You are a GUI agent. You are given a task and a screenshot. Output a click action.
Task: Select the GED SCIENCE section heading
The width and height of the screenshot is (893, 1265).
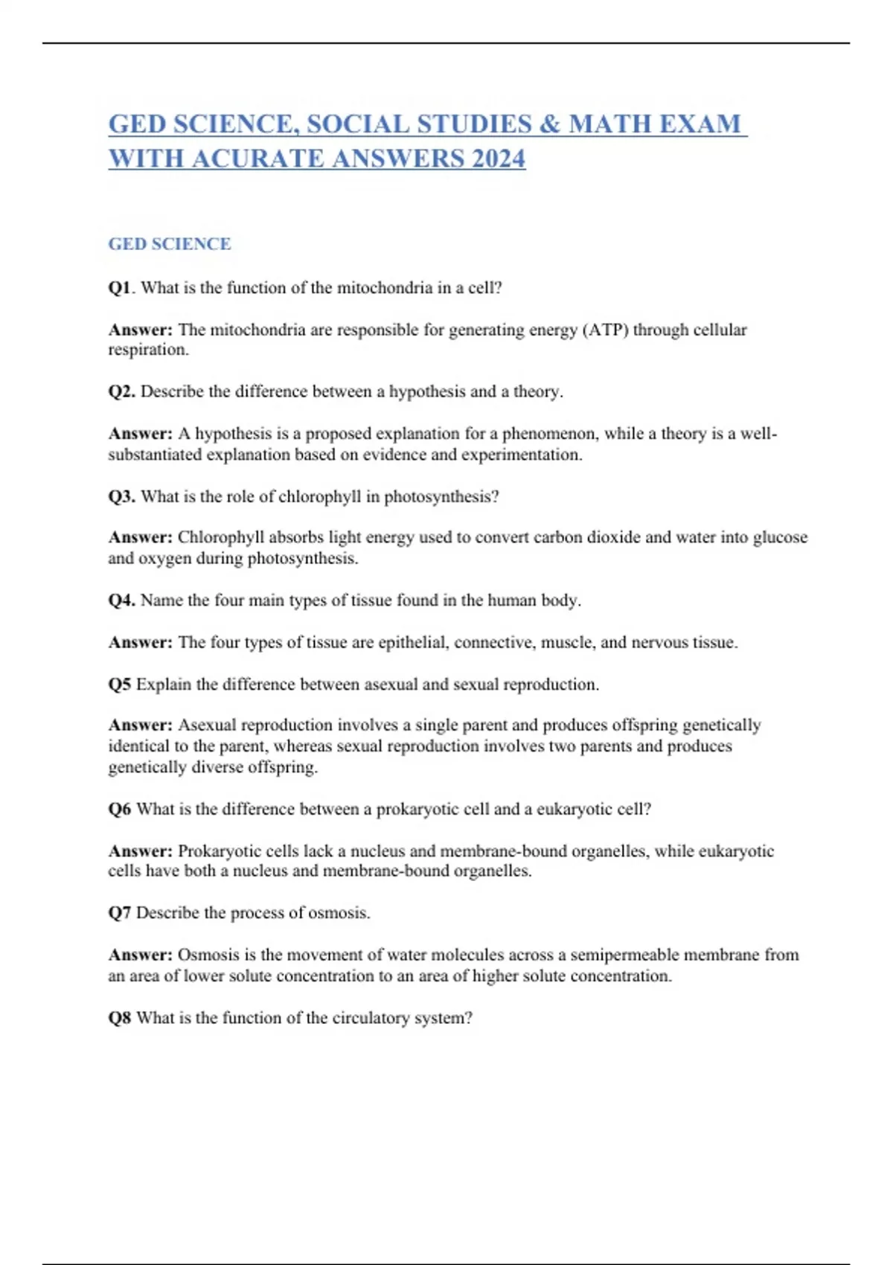170,244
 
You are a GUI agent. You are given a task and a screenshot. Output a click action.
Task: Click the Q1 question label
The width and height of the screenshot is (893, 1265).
120,288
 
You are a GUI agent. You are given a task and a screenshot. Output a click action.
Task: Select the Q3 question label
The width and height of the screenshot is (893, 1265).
121,496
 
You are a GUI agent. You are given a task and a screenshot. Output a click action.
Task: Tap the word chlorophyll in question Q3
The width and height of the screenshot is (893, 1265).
319,496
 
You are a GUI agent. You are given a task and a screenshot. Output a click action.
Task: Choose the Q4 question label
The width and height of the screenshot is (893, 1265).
121,601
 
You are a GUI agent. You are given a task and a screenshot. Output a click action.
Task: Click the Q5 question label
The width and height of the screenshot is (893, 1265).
120,685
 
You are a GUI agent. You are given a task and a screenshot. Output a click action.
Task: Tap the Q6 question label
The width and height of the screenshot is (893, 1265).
120,809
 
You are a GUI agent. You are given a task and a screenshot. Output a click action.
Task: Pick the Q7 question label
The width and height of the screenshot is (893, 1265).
120,913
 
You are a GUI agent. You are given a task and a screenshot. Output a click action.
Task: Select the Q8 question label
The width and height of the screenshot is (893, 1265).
120,1018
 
